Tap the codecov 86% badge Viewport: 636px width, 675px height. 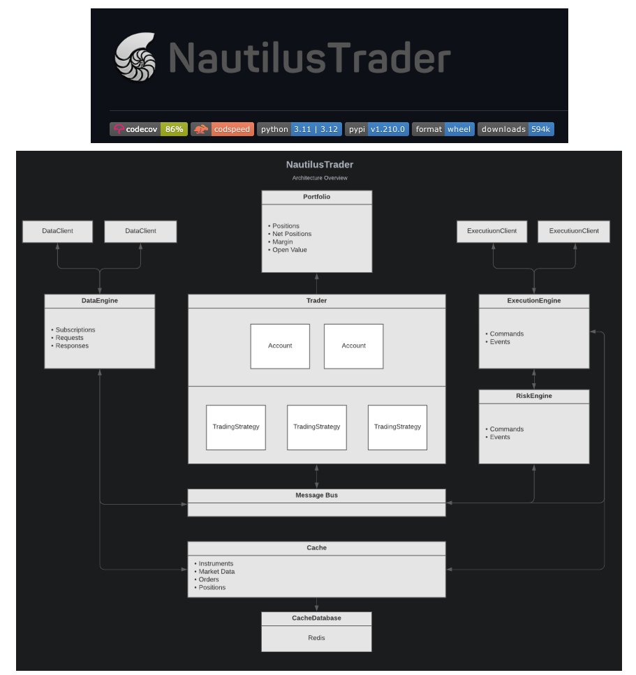[x=149, y=129]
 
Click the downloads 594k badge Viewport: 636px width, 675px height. [x=515, y=129]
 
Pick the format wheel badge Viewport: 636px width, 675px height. [x=443, y=129]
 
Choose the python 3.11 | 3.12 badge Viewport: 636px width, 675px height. [x=299, y=129]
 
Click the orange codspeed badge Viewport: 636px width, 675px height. [x=222, y=129]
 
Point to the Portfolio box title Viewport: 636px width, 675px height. [x=316, y=197]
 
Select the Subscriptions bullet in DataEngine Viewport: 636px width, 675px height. [x=75, y=329]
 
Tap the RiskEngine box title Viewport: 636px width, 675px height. [x=533, y=396]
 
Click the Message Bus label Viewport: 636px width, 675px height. [x=316, y=495]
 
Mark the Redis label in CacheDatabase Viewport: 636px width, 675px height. [x=316, y=637]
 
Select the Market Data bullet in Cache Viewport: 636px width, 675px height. [x=216, y=572]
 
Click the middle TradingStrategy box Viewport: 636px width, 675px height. [x=316, y=427]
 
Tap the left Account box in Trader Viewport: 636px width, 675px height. [x=280, y=346]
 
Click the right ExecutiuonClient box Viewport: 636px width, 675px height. [x=573, y=231]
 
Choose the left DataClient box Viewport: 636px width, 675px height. [x=58, y=231]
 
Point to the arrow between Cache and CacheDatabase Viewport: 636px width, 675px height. [x=316, y=604]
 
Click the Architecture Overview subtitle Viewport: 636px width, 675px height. [x=319, y=178]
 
